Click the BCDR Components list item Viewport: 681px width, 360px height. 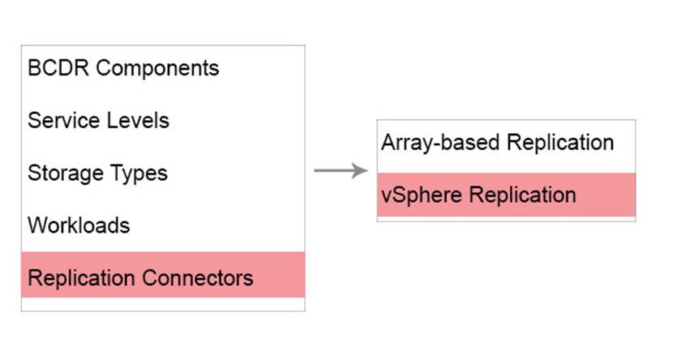tap(123, 68)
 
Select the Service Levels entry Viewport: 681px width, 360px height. tap(98, 120)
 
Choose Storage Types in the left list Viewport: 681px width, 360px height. tap(98, 174)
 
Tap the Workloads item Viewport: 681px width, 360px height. tap(79, 225)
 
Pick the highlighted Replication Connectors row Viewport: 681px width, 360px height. tap(163, 274)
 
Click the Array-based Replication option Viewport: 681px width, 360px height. tap(497, 143)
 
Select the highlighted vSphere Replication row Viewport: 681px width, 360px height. tap(506, 195)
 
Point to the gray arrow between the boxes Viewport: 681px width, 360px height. tap(341, 170)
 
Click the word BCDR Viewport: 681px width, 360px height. tap(58, 68)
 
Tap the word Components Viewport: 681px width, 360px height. tap(157, 68)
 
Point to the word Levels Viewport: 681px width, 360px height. tap(138, 120)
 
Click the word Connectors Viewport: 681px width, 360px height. tap(198, 278)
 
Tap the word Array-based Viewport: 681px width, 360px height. tap(440, 143)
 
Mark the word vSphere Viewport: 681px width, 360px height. tap(422, 195)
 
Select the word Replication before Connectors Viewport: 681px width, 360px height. tap(82, 278)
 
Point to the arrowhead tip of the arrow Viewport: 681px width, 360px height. tap(367, 170)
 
